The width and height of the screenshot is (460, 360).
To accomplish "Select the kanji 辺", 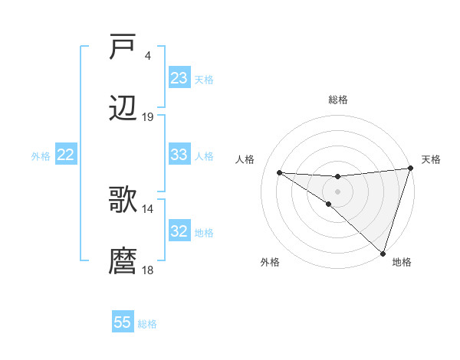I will [123, 109].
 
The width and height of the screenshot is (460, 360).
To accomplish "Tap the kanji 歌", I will [123, 200].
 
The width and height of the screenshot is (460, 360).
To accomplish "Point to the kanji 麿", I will [123, 261].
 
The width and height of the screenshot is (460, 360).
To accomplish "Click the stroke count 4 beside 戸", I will [147, 56].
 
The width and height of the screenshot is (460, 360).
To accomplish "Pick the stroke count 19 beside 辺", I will [148, 117].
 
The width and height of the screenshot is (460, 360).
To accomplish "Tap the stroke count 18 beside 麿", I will [148, 270].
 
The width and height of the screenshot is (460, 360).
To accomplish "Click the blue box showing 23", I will [179, 78].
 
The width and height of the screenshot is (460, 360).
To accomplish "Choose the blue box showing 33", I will [179, 155].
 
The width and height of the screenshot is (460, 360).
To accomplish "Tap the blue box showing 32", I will [179, 231].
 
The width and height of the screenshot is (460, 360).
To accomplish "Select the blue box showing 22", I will [66, 155].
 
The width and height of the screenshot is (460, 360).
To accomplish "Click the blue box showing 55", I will [123, 322].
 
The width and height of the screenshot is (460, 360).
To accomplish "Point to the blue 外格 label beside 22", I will [41, 155].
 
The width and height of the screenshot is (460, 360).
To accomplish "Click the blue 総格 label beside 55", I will [147, 324].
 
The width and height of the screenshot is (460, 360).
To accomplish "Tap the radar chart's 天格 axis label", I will [432, 159].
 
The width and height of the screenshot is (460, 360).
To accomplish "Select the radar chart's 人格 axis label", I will [245, 159].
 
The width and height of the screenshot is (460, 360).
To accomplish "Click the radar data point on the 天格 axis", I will [410, 169].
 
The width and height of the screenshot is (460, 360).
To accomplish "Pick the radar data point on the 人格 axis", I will [280, 172].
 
